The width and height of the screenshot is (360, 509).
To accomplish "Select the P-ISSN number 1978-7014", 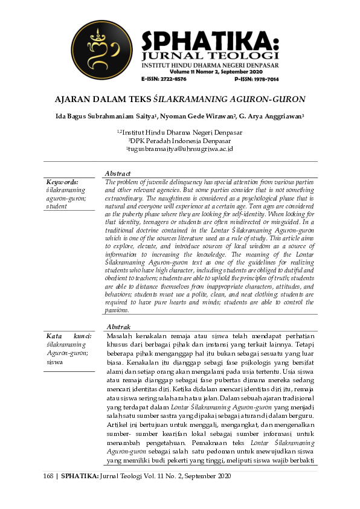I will coord(264,79).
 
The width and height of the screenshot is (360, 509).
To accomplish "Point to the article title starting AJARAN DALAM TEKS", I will coord(179,99).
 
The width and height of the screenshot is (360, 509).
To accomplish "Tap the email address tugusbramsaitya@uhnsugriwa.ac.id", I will coord(180,149).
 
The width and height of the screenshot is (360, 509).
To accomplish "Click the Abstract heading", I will coord(118,173).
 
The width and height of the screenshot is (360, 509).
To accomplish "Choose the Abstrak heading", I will coord(118,327).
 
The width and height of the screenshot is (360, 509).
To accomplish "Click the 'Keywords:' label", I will coord(62,182).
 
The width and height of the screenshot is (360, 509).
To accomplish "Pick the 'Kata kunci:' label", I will coord(69,336).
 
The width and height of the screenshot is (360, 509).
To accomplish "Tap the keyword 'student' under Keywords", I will coord(57,206).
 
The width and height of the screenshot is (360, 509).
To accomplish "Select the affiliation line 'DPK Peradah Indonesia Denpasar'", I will coord(180,140).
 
